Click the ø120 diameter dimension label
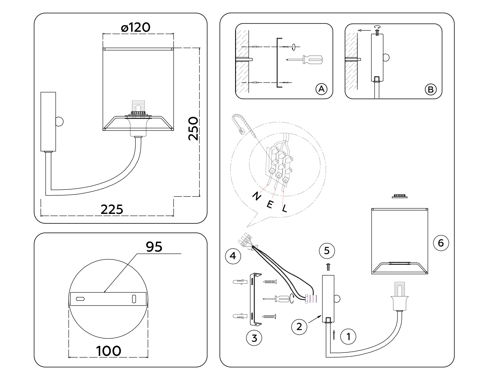[x=136, y=28]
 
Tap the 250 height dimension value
[x=194, y=128]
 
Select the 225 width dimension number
[x=112, y=209]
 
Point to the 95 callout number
[x=154, y=247]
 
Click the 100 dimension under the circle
[x=108, y=351]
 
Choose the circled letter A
[x=321, y=89]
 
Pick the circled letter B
[x=431, y=89]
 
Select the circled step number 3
[x=254, y=338]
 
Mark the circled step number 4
[x=233, y=256]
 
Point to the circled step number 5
[x=327, y=251]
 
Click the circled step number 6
[x=441, y=243]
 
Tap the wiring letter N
[x=256, y=196]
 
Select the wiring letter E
[x=269, y=204]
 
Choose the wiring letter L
[x=284, y=208]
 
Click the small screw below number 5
[x=328, y=267]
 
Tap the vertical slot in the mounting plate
[x=134, y=299]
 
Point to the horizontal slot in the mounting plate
[x=80, y=299]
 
